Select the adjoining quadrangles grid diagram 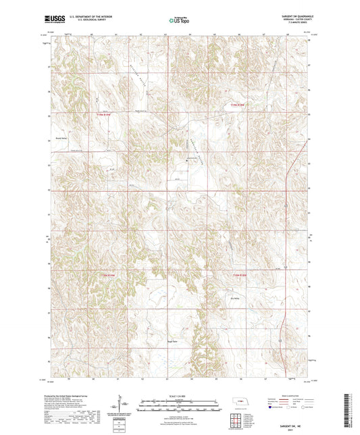[x=241, y=421]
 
